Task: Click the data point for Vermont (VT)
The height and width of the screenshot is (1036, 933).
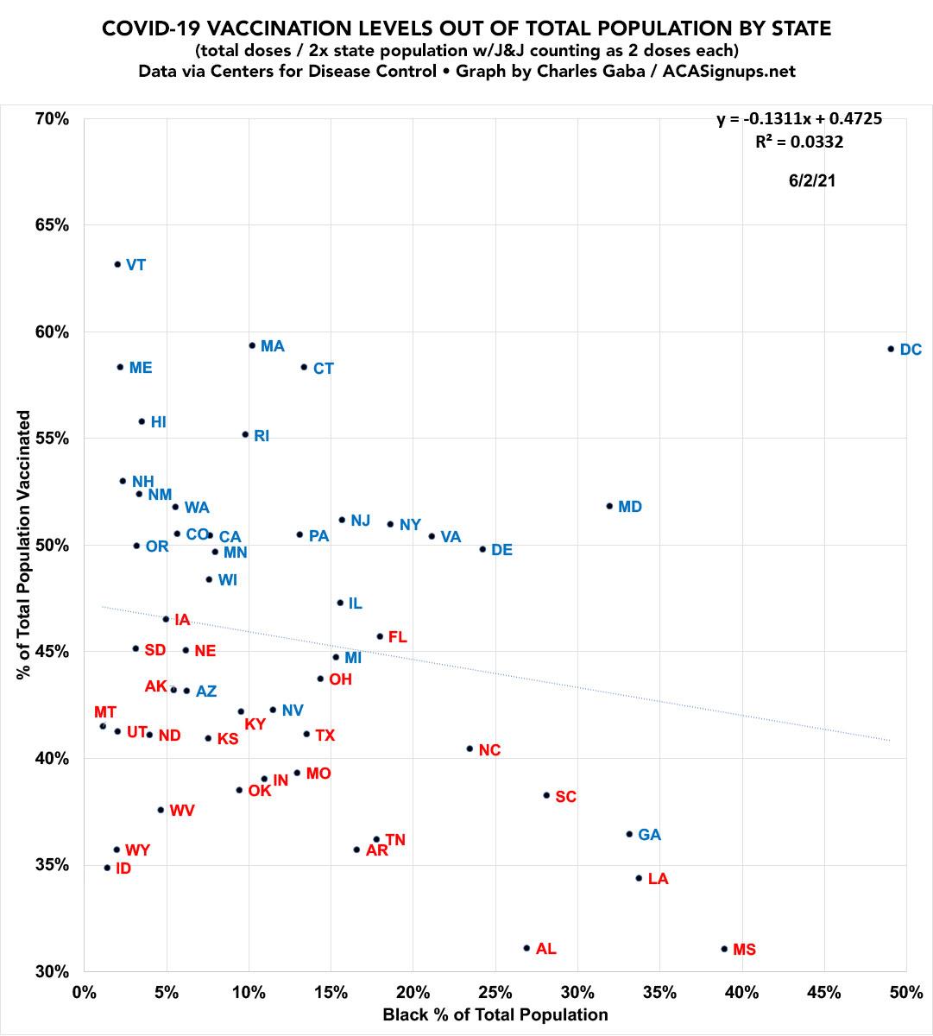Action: [x=117, y=264]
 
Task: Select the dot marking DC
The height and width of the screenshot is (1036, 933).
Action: [x=891, y=349]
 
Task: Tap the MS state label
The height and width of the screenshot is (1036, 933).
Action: [x=744, y=950]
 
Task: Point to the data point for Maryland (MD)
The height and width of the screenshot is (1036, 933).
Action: [x=609, y=506]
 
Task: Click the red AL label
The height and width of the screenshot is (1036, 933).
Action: [x=545, y=949]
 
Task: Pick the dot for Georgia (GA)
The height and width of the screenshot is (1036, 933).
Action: [x=629, y=834]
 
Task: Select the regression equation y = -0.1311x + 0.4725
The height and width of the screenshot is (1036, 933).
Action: [x=799, y=119]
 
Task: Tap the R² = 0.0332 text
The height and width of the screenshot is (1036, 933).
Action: [x=799, y=142]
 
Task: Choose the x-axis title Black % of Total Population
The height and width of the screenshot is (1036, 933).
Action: [x=495, y=1014]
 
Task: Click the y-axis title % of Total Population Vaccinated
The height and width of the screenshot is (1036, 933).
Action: [x=24, y=545]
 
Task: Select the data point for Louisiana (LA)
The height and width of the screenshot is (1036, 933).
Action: [x=639, y=878]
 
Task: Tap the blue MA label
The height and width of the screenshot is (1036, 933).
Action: [x=273, y=346]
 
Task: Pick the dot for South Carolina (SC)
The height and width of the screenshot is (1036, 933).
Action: [x=546, y=795]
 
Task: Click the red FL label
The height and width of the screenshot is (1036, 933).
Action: [x=397, y=638]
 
